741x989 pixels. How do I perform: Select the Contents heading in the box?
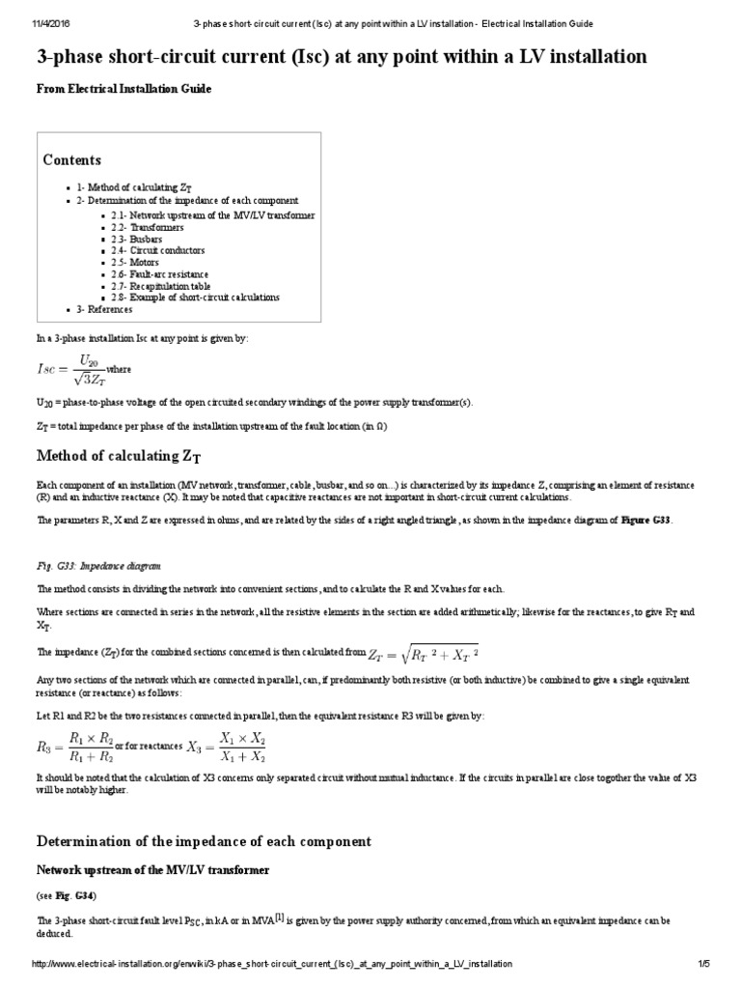[x=72, y=160]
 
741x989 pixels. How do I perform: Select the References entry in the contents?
[x=104, y=309]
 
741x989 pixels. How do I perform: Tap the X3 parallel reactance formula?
[x=227, y=746]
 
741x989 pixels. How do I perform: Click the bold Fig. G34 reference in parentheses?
[x=77, y=895]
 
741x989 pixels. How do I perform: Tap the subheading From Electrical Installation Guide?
[x=123, y=89]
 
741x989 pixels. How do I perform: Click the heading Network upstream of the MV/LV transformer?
[x=152, y=870]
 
